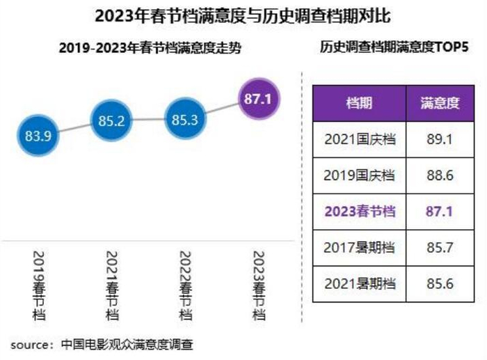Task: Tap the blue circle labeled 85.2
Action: [x=111, y=121]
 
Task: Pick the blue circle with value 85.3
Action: [x=184, y=120]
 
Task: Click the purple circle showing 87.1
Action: [x=258, y=99]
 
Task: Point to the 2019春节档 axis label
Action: [x=38, y=285]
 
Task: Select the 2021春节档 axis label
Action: [x=111, y=285]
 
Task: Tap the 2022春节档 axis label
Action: [x=184, y=285]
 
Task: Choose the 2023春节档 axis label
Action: [x=258, y=285]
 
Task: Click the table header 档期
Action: [x=359, y=103]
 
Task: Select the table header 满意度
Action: [x=440, y=103]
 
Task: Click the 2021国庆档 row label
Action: [x=359, y=139]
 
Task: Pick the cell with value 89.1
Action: [x=440, y=139]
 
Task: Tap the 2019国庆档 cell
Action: [x=359, y=175]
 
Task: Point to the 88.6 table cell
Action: [x=440, y=175]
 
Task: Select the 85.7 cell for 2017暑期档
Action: [x=440, y=247]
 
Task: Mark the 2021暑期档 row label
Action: [x=359, y=283]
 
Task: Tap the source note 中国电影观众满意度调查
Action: [x=127, y=344]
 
